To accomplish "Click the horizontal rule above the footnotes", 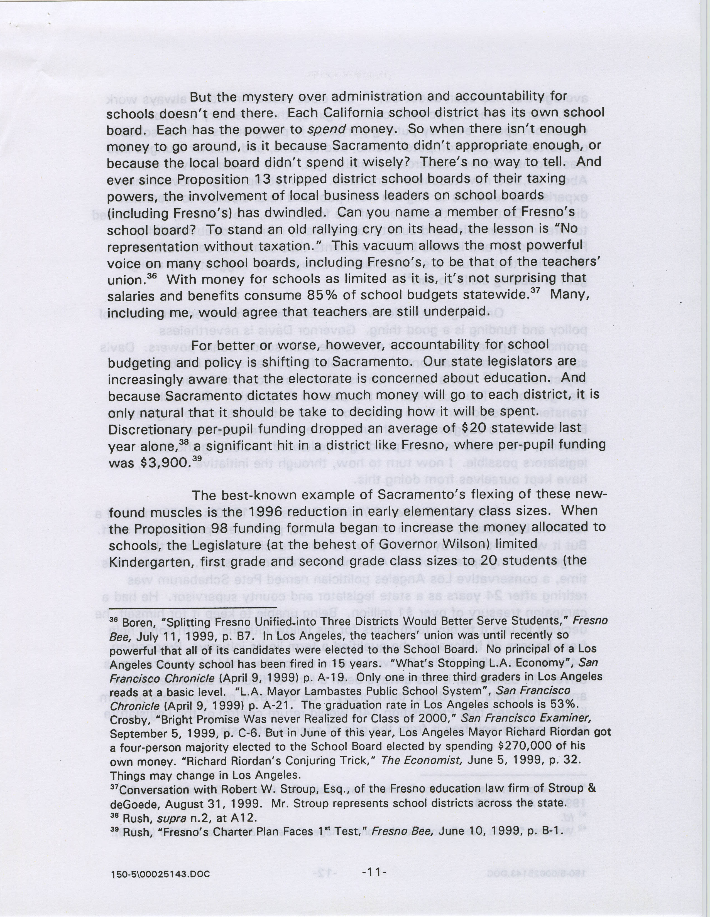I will click(192, 608).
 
